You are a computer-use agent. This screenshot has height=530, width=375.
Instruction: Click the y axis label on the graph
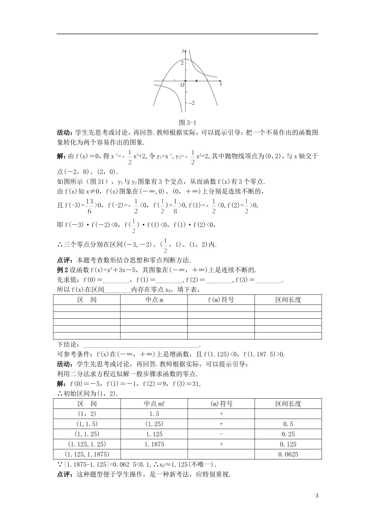point(183,51)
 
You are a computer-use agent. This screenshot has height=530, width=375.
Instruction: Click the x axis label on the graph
point(221,84)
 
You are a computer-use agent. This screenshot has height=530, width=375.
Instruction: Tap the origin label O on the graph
point(182,85)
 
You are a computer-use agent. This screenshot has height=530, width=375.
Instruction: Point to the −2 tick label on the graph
point(191,103)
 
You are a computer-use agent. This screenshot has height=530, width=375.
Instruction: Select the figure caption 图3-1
point(187,122)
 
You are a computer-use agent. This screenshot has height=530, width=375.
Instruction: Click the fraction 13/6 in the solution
point(89,205)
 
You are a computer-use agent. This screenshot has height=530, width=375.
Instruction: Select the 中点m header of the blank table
point(154,300)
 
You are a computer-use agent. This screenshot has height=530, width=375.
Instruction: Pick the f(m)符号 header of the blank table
point(221,300)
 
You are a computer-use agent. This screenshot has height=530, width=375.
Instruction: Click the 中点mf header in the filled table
point(154,404)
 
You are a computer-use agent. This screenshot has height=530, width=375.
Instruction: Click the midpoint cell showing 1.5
point(154,414)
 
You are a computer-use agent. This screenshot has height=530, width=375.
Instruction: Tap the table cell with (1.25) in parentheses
point(154,424)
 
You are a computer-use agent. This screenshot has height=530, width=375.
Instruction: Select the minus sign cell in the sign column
point(221,434)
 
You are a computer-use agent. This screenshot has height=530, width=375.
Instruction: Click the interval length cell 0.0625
point(288,454)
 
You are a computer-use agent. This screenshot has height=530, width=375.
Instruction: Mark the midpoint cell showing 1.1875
point(154,444)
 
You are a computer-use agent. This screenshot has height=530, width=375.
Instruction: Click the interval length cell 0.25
point(288,434)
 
